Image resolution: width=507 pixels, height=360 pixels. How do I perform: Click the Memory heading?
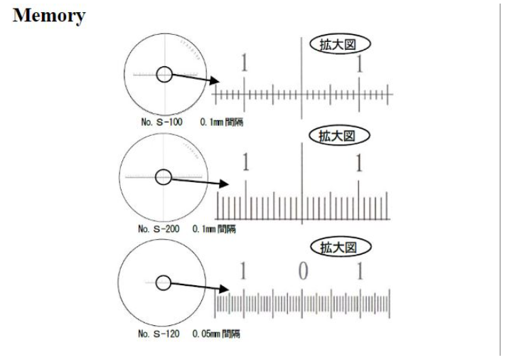49,16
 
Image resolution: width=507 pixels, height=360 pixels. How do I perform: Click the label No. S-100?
161,122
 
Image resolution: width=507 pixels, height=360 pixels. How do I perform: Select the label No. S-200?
159,228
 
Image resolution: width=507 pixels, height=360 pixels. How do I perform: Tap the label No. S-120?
159,334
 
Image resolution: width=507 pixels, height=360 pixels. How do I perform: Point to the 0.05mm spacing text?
216,334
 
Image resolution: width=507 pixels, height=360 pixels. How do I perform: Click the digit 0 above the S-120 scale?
303,271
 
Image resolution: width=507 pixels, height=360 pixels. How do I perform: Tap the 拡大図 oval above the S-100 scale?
340,44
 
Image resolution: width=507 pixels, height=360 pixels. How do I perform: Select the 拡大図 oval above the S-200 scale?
339,136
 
